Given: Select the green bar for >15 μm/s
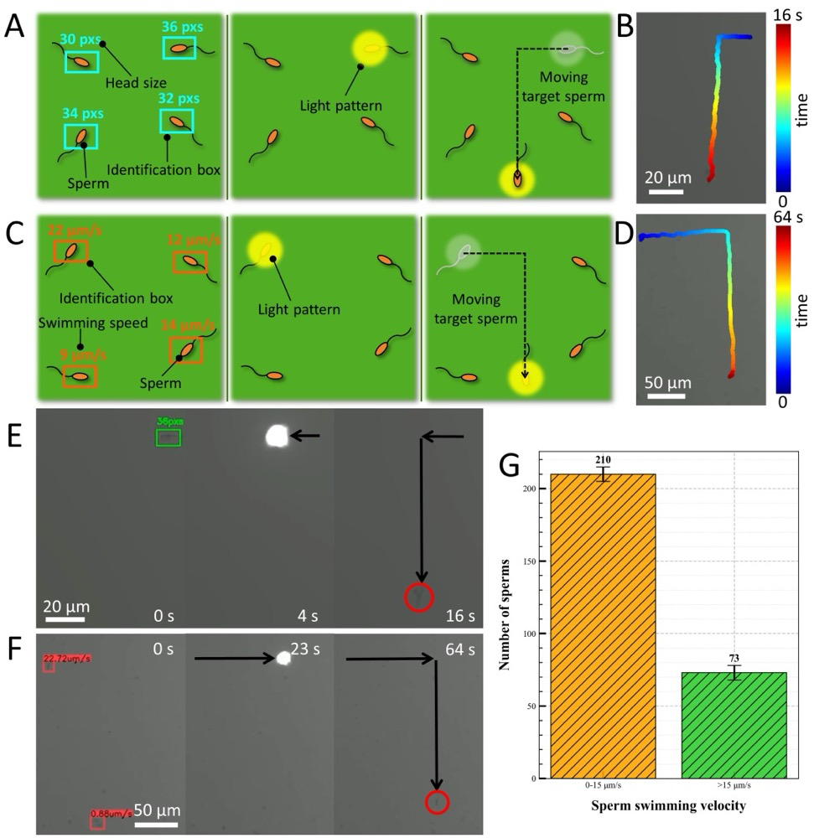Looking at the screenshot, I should tap(734, 725).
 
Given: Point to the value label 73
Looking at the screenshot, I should tap(734, 659).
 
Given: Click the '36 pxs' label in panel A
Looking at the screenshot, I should tap(182, 26).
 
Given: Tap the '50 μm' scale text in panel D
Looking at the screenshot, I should tap(668, 383).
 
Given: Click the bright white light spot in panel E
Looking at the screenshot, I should tap(277, 435).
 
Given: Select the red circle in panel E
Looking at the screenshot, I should tap(419, 597).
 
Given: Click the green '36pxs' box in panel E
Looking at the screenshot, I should tap(168, 437).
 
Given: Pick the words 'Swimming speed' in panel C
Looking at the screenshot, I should tap(82, 323).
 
